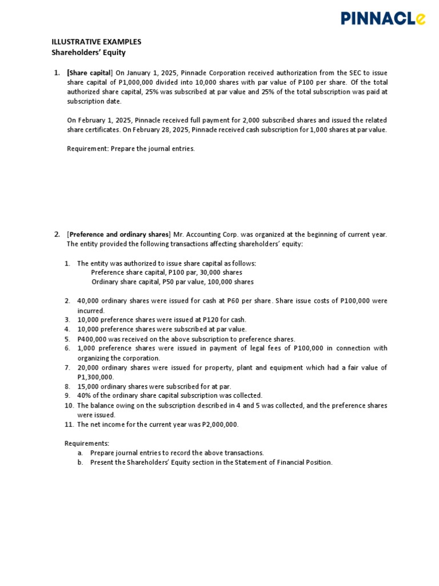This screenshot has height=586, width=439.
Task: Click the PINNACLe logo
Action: [383, 19]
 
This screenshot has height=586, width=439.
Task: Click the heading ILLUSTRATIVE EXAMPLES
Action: [96, 42]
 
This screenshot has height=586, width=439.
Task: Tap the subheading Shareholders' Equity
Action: [88, 53]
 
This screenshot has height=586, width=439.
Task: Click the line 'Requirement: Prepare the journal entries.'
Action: [131, 149]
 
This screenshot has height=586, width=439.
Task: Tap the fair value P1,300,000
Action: [95, 377]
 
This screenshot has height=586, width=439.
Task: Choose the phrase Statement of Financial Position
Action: [282, 462]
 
